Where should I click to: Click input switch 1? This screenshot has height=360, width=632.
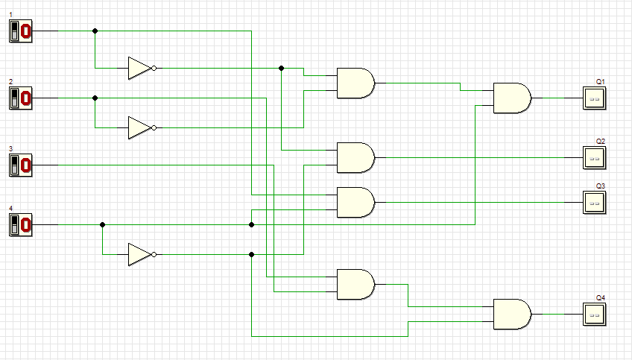pyautogui.click(x=20, y=31)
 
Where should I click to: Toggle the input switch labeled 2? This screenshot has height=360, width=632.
pyautogui.click(x=20, y=98)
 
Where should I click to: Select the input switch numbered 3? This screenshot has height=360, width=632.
pyautogui.click(x=20, y=165)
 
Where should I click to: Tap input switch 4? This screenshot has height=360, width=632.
pyautogui.click(x=20, y=224)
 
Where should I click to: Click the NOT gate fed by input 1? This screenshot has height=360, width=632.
pyautogui.click(x=139, y=68)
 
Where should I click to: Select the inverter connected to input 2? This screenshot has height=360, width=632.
pyautogui.click(x=139, y=127)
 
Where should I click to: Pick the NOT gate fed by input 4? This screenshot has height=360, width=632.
pyautogui.click(x=139, y=254)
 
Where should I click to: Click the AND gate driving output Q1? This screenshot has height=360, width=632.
pyautogui.click(x=511, y=98)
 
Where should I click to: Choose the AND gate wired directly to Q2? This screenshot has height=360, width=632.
pyautogui.click(x=355, y=157)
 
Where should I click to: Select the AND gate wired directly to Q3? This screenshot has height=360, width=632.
pyautogui.click(x=355, y=202)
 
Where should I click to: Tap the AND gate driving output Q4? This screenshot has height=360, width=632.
pyautogui.click(x=511, y=314)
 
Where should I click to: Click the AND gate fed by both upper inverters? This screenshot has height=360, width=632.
pyautogui.click(x=355, y=83)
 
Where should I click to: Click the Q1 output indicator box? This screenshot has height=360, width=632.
pyautogui.click(x=594, y=98)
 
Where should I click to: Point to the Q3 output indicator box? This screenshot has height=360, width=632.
pyautogui.click(x=594, y=202)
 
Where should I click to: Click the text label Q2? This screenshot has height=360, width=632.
pyautogui.click(x=600, y=141)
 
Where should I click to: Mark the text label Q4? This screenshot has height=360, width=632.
pyautogui.click(x=600, y=297)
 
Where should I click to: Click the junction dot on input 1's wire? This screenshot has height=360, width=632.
pyautogui.click(x=95, y=31)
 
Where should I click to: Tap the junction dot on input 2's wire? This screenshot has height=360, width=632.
pyautogui.click(x=95, y=98)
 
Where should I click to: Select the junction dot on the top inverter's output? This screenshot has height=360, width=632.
pyautogui.click(x=281, y=68)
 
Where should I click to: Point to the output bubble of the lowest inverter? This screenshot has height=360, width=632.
pyautogui.click(x=154, y=254)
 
